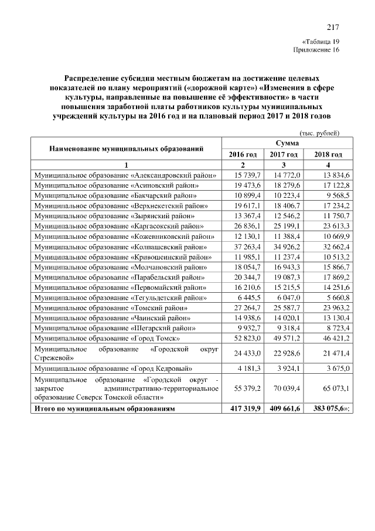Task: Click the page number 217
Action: (333, 26)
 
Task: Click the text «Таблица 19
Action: (321, 42)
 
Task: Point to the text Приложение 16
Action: (316, 51)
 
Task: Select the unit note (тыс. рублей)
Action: (319, 133)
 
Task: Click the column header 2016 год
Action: (243, 154)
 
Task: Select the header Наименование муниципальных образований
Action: (127, 148)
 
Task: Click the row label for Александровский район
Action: (125, 175)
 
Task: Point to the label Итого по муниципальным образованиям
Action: (104, 408)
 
